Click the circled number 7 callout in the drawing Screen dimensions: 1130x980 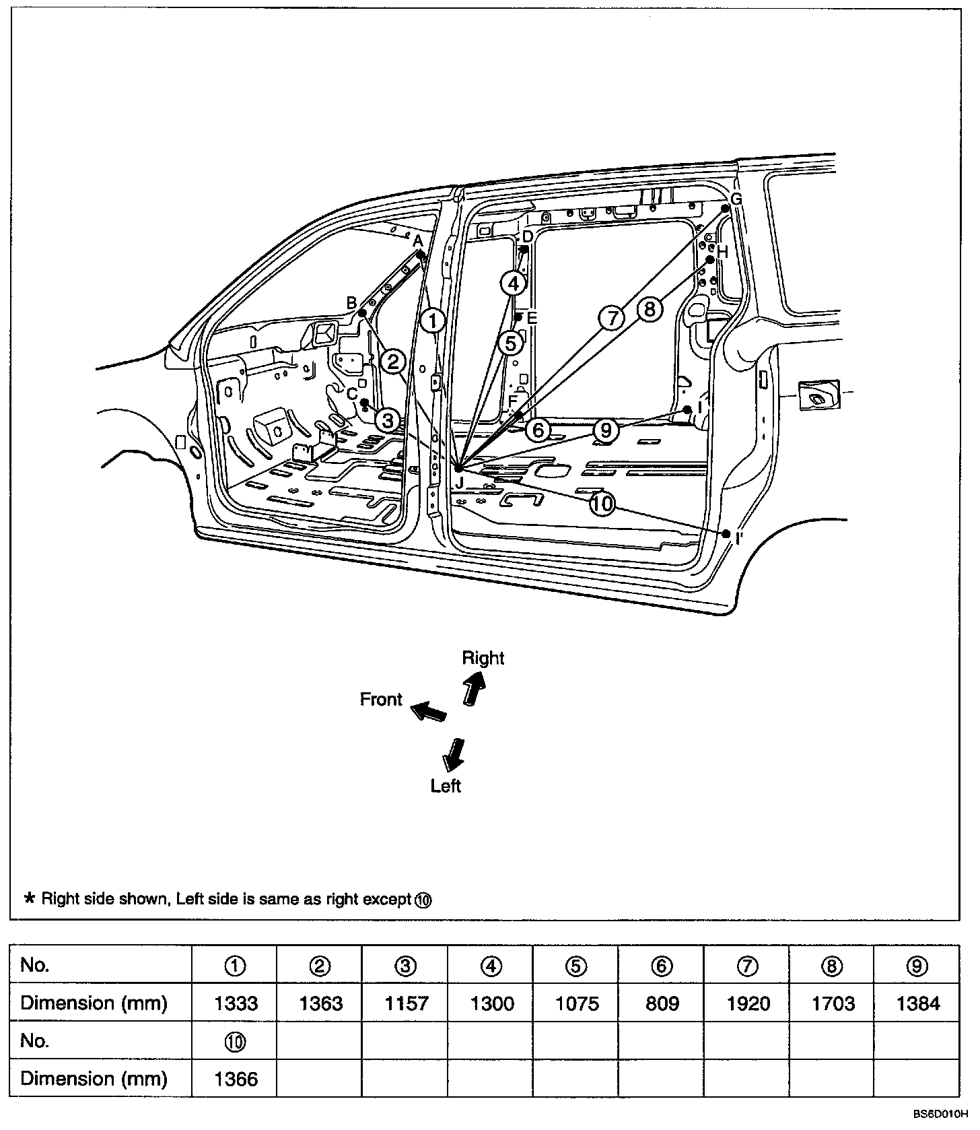tap(612, 317)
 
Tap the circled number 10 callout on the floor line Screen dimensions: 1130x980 tap(602, 503)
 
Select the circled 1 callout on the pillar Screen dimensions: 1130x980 tap(433, 321)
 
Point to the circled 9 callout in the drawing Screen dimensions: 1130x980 tap(606, 430)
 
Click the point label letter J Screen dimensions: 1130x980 tap(460, 482)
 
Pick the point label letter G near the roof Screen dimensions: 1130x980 tap(736, 199)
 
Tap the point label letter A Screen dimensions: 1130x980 tap(417, 240)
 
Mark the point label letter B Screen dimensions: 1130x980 tap(351, 303)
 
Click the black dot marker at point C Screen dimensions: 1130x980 tap(364, 403)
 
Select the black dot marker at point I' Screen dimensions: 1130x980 tap(726, 533)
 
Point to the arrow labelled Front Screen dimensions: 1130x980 tap(429, 710)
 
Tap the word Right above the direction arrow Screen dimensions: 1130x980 tap(483, 658)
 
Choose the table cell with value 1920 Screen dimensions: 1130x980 tap(748, 1003)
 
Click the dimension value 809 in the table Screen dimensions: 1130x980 tap(662, 1003)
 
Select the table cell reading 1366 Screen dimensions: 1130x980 tap(236, 1079)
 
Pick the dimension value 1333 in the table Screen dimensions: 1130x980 tap(236, 1003)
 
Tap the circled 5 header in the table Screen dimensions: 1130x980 tap(576, 966)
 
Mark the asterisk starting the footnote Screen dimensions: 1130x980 tap(30, 898)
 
